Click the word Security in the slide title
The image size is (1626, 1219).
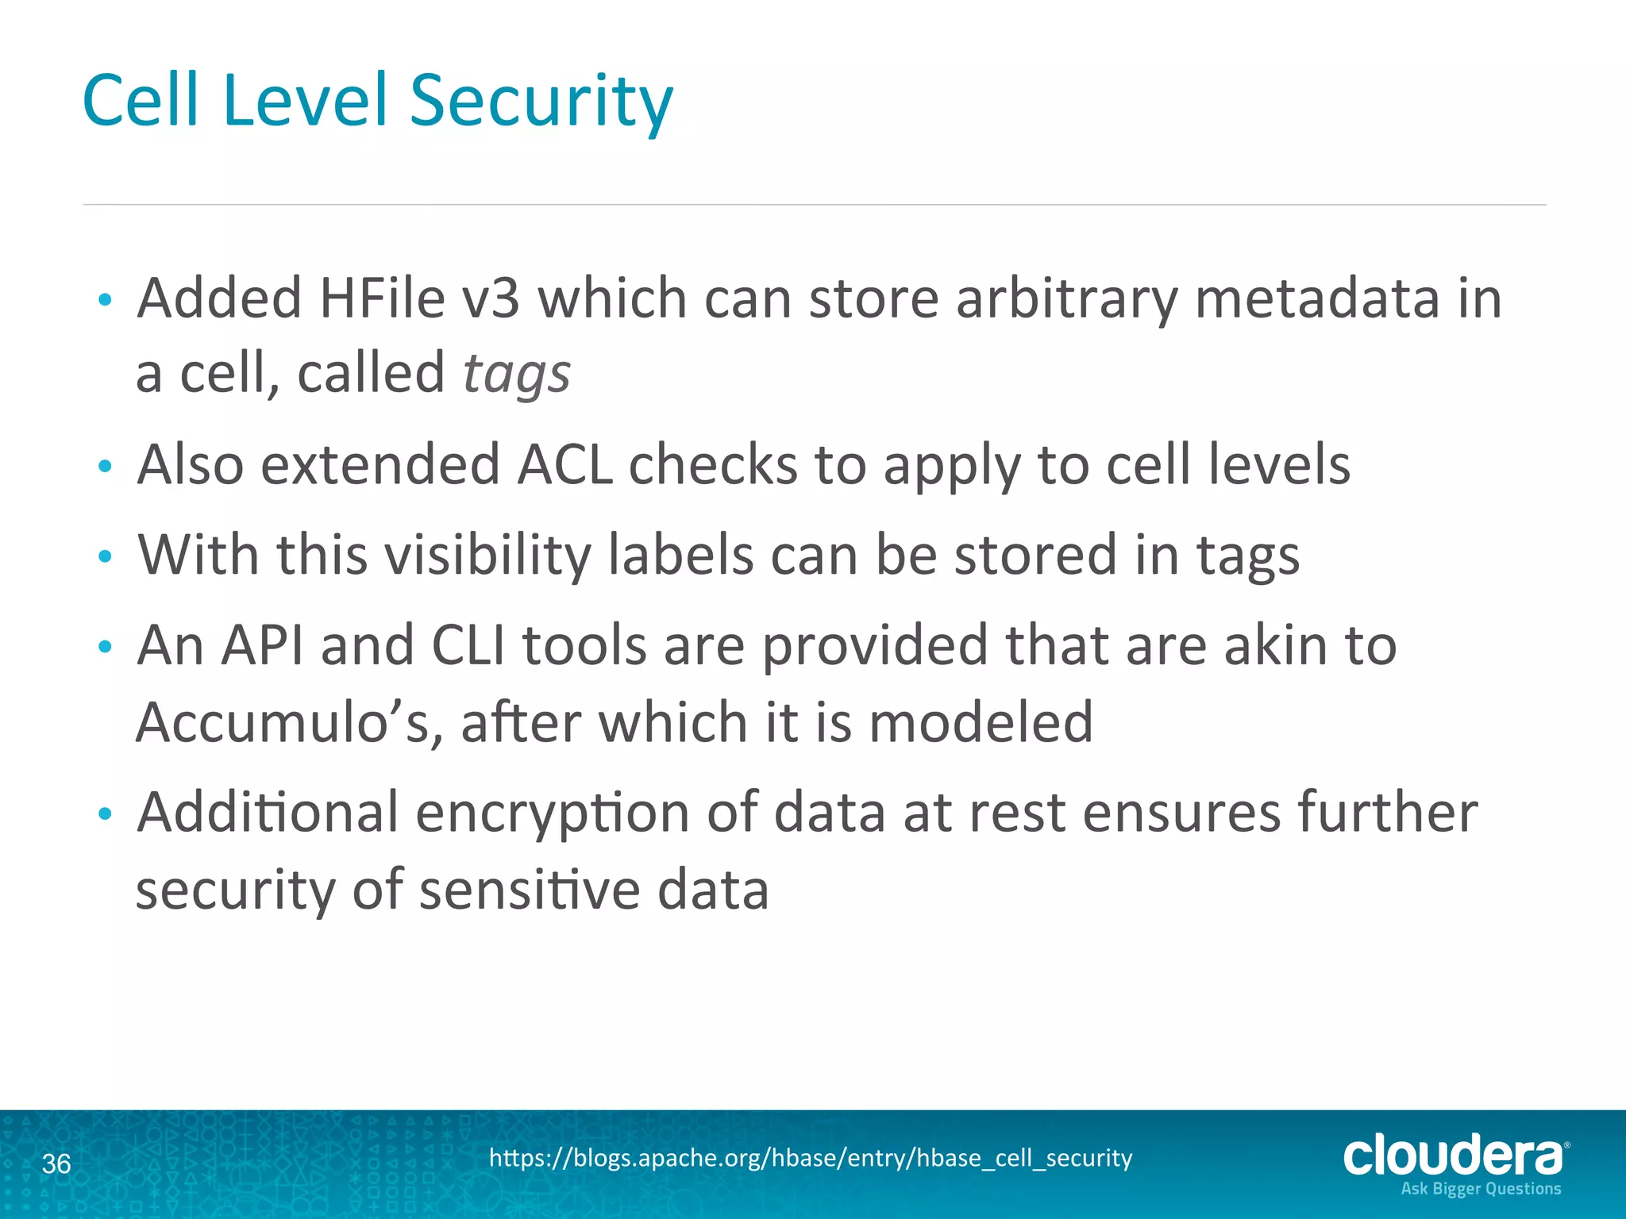[541, 102]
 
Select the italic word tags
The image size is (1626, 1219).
[516, 374]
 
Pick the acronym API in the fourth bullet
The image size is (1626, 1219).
[262, 645]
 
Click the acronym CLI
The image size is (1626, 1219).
[468, 645]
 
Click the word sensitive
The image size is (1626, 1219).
[529, 890]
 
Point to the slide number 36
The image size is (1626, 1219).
[56, 1164]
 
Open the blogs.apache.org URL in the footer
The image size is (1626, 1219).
[811, 1158]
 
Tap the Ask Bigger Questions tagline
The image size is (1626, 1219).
[1481, 1189]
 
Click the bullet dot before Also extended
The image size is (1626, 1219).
[105, 466]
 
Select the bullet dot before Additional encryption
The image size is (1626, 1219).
[105, 814]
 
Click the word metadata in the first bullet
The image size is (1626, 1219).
[1316, 298]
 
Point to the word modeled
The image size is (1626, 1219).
[981, 722]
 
